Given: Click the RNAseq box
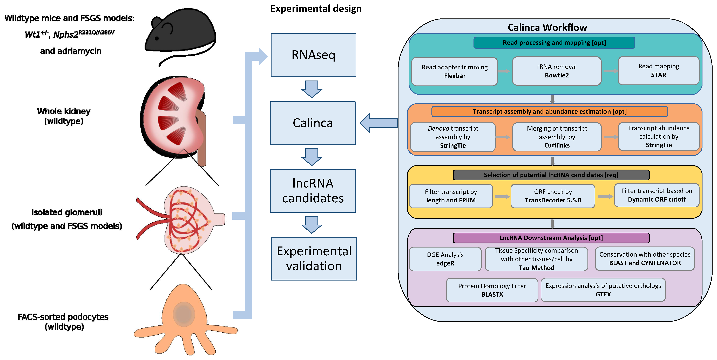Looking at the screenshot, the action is pos(313,55).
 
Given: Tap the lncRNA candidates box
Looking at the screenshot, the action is pos(313,191).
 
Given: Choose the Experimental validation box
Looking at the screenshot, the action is pos(314,259).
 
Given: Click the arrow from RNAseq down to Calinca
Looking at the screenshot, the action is pos(312,89).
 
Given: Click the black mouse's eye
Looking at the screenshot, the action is pos(157,38).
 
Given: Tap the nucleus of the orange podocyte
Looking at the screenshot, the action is pos(184,314).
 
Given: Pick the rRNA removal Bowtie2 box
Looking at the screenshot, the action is pos(557,71).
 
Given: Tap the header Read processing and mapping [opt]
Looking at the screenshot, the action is pos(554,43).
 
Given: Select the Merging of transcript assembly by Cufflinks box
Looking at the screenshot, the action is pos(557,137).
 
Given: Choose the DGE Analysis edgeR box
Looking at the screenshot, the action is pos(445,259).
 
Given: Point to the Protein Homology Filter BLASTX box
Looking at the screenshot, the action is pos(492,290).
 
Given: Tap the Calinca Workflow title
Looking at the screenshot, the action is pos(547,27).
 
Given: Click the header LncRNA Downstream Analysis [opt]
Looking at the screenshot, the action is pos(551,238).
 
